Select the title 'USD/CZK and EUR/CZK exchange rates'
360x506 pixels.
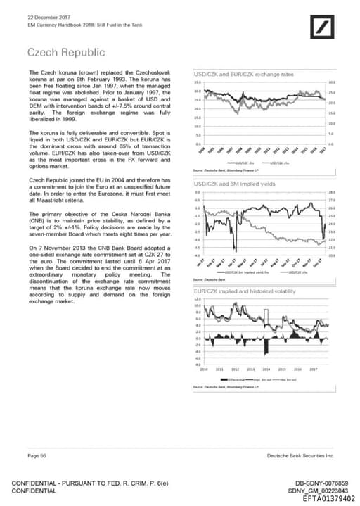pyautogui.click(x=243, y=75)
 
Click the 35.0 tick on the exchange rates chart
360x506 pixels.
pyautogui.click(x=198, y=83)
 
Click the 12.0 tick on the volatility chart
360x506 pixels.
pyautogui.click(x=198, y=299)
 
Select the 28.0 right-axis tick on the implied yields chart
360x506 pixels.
pyautogui.click(x=332, y=192)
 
